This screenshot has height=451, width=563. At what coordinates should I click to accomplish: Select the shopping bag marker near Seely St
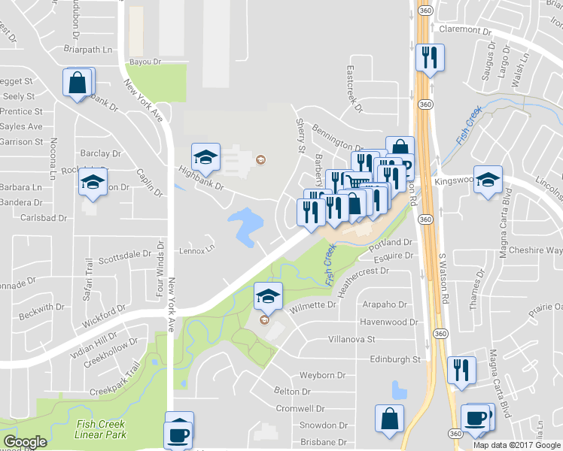[x=78, y=83]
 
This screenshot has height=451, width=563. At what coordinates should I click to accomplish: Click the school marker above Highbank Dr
[x=205, y=157]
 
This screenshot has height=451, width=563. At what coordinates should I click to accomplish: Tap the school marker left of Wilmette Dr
[x=268, y=295]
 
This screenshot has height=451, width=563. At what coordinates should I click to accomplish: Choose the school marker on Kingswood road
[x=488, y=180]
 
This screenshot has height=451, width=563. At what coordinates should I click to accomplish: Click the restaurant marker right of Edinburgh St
[x=461, y=369]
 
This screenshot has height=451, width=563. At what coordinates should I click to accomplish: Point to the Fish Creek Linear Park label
[x=101, y=429]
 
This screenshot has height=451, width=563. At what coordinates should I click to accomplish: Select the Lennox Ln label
[x=196, y=249]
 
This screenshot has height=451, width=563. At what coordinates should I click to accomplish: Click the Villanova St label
[x=351, y=339]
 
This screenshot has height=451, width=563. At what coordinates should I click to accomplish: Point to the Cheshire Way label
[x=535, y=250]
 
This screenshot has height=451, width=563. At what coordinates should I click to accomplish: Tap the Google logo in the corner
[x=25, y=441]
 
